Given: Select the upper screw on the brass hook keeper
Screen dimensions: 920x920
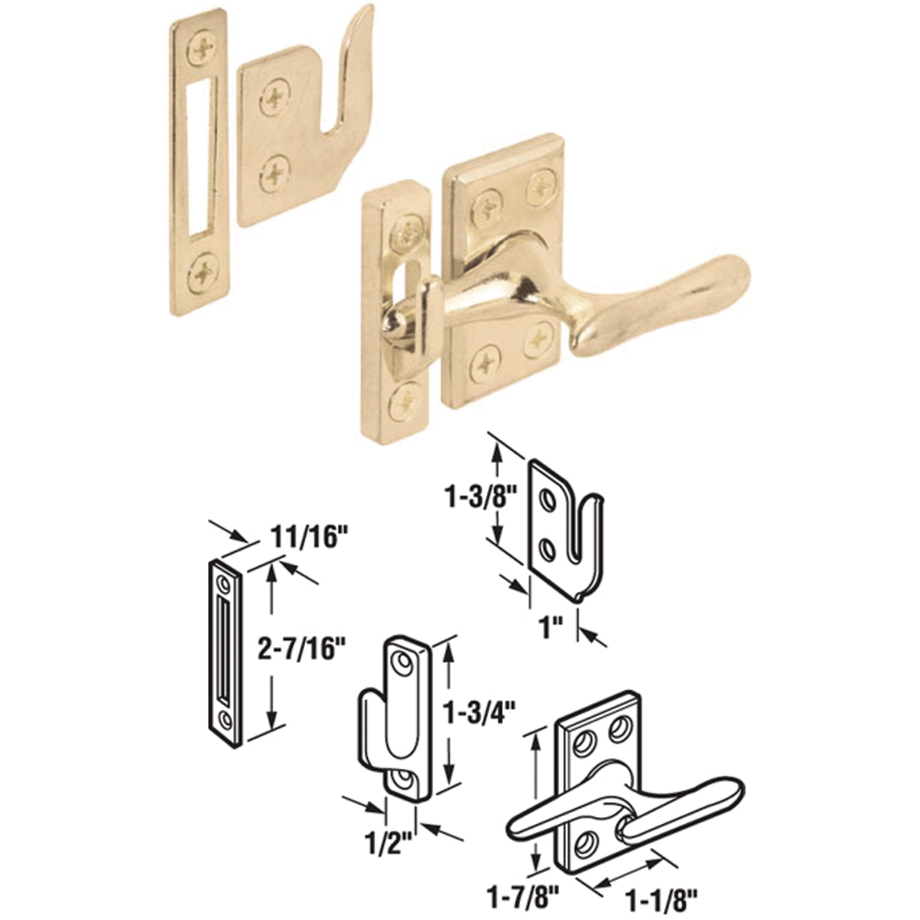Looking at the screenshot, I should (273, 100).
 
